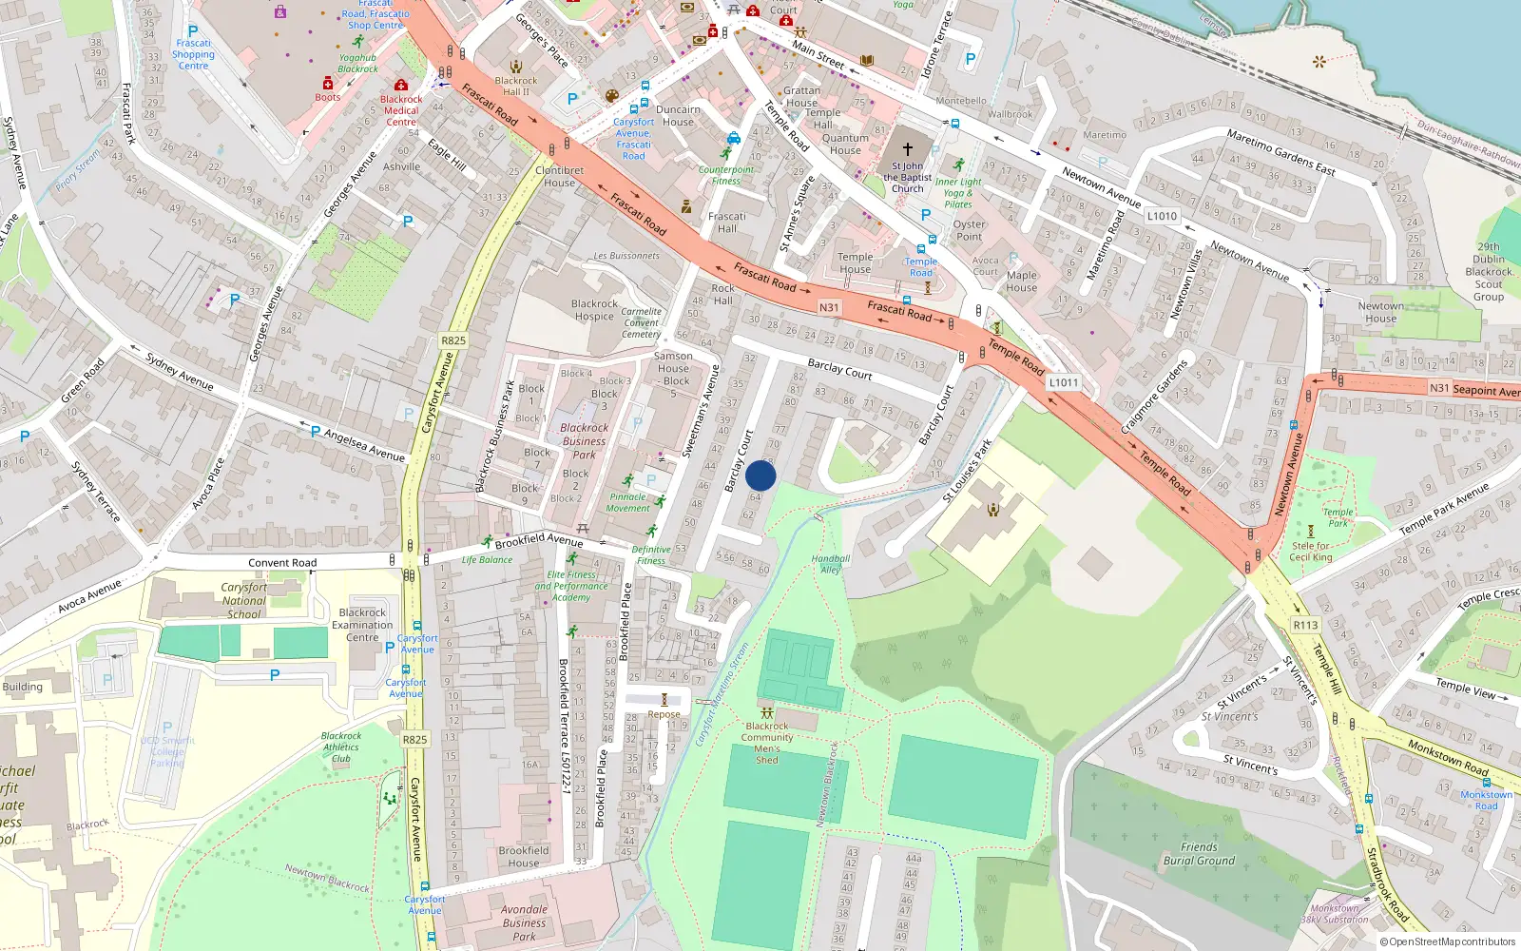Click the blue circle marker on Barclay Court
[x=760, y=475]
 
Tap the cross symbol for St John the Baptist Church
[x=907, y=149]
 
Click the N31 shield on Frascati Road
[x=829, y=307]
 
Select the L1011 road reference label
[x=1063, y=382]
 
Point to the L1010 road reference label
[x=1162, y=216]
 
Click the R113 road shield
[x=1305, y=625]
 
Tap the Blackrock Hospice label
[x=594, y=310]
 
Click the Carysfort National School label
[x=244, y=600]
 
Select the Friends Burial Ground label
[x=1199, y=854]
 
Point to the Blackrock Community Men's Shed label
[x=767, y=743]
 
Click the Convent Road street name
[x=282, y=562]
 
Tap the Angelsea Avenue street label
[x=364, y=445]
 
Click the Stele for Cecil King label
[x=1311, y=552]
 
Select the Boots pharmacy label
[x=328, y=97]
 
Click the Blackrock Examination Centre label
[x=362, y=625]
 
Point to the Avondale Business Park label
[x=524, y=922]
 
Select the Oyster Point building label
[x=969, y=230]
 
